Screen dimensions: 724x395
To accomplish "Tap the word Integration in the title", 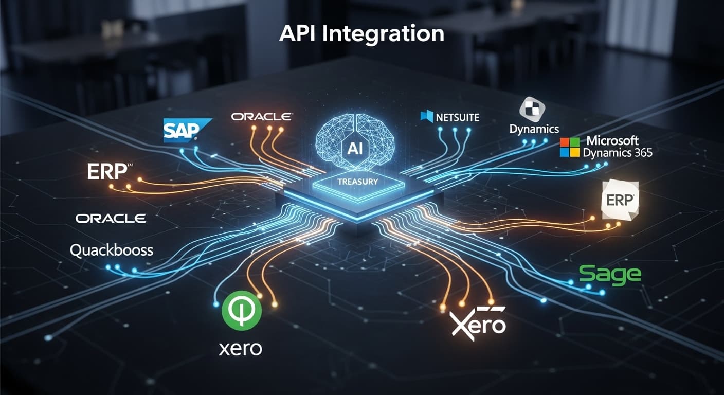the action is click(x=383, y=35).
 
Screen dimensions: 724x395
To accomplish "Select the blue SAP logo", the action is click(x=187, y=130).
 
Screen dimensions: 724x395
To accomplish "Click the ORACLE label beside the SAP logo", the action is click(x=262, y=117).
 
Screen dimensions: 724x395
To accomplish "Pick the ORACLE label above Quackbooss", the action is click(x=111, y=219).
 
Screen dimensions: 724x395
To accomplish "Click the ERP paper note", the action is click(x=620, y=201).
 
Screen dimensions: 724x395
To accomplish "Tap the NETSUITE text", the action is click(x=457, y=117).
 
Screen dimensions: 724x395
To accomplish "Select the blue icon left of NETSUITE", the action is click(x=427, y=116).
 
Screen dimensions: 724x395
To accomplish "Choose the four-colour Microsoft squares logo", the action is click(x=570, y=147).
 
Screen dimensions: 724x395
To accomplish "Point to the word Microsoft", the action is click(x=612, y=140).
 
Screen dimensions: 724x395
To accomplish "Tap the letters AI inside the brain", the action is click(x=355, y=149).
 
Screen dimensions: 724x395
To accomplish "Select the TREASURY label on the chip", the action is click(x=358, y=182).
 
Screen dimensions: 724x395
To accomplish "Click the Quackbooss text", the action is click(x=112, y=250).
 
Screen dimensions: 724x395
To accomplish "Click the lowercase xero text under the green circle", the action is click(x=241, y=349).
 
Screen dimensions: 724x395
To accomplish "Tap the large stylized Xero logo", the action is click(x=478, y=323).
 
